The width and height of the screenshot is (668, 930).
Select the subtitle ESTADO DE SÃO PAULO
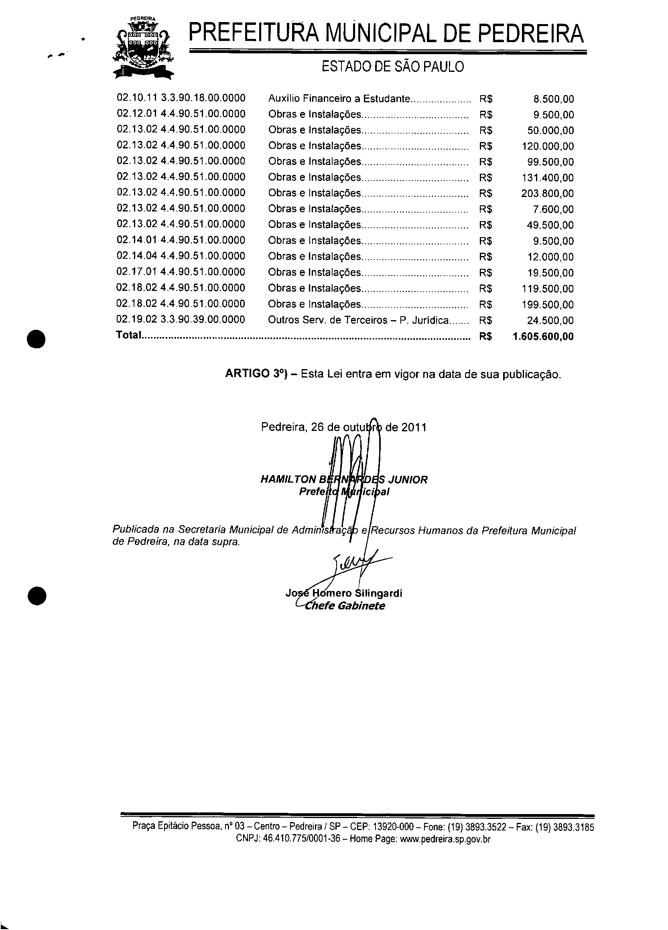coord(392,67)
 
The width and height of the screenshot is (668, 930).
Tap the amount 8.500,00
coord(553,99)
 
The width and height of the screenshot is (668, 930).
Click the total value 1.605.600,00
coord(543,337)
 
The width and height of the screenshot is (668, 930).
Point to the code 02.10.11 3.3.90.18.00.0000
coord(181,98)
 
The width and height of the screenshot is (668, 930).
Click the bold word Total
coord(128,335)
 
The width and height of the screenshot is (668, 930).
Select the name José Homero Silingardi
coord(344,593)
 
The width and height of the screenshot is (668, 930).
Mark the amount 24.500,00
coord(550,320)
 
